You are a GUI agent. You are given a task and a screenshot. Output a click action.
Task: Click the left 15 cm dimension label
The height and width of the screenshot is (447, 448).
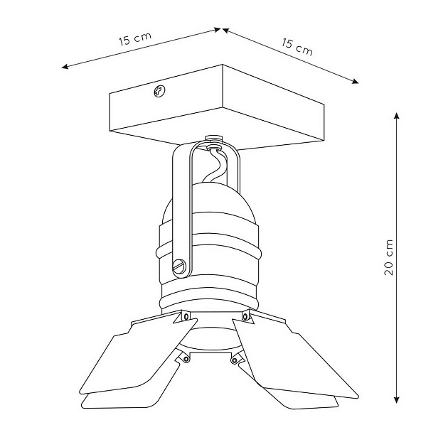coord(135,39)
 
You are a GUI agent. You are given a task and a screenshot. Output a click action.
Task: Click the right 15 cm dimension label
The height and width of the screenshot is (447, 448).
coord(297,47)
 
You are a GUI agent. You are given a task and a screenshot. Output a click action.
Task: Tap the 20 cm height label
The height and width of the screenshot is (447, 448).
coord(388,257)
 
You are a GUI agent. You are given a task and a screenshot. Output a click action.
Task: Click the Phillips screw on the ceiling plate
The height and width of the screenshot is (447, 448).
coord(159,91)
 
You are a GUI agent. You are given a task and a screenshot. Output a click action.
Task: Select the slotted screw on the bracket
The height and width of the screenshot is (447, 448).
coord(179,266)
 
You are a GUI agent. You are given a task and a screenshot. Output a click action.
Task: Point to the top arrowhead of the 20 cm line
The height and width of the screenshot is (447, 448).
coord(396,115)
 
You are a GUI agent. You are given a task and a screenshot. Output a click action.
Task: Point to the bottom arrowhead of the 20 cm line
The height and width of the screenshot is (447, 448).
coord(396,400)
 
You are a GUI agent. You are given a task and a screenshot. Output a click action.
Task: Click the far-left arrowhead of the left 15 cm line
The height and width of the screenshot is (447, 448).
coord(65,67)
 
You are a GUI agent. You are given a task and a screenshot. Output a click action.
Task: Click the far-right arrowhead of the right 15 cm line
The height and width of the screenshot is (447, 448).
coord(355,82)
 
